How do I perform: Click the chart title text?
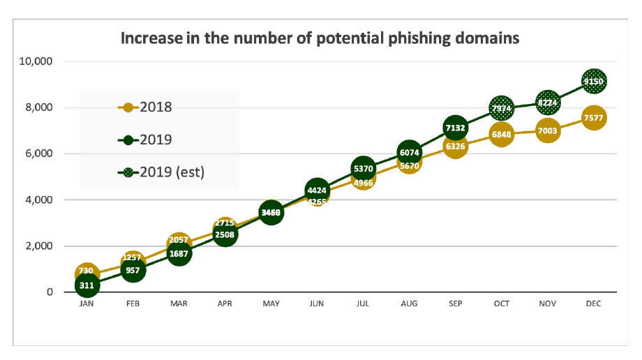tap(320, 38)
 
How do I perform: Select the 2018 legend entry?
tap(146, 107)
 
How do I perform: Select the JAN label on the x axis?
tap(87, 304)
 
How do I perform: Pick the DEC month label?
tap(594, 304)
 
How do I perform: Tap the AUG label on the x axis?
tap(409, 304)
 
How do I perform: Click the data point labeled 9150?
tap(594, 82)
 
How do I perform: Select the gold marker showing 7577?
tap(594, 118)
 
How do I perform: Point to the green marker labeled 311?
tap(87, 285)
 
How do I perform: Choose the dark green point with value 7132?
tap(455, 128)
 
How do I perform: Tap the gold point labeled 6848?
tap(502, 135)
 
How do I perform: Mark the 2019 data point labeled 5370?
tap(363, 169)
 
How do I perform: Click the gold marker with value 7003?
tap(548, 131)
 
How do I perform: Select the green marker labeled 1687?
tap(179, 253)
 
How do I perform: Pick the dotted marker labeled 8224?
tap(548, 103)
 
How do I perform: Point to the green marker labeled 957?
tap(133, 270)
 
